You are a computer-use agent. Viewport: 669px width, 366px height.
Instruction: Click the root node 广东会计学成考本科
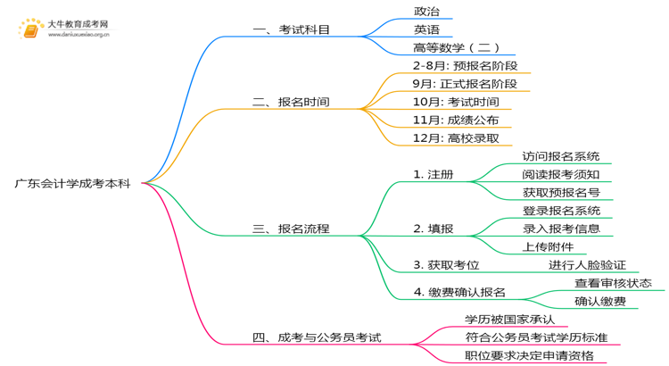tap(72, 183)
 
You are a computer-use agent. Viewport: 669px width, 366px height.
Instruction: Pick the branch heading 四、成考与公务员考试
tap(317, 337)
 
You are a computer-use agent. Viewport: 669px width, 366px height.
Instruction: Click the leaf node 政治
tap(426, 12)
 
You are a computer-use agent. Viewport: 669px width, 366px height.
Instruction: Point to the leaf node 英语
tap(426, 29)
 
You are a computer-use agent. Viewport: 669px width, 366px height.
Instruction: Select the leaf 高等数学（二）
tap(456, 47)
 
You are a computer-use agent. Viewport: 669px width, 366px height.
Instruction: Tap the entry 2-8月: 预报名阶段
tap(465, 66)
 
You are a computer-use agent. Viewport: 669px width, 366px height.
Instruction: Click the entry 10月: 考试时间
tap(456, 102)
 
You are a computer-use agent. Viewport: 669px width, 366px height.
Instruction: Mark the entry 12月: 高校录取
tap(456, 137)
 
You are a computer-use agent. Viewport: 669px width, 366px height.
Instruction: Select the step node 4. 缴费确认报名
tap(459, 292)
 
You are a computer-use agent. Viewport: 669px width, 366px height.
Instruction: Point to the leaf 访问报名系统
tap(561, 156)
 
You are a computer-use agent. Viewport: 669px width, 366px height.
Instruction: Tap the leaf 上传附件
tap(549, 246)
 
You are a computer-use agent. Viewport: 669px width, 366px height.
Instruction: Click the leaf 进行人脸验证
tap(587, 264)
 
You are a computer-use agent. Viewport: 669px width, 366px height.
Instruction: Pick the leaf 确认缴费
tap(600, 301)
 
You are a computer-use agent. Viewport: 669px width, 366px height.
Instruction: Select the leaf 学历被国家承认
tap(509, 319)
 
